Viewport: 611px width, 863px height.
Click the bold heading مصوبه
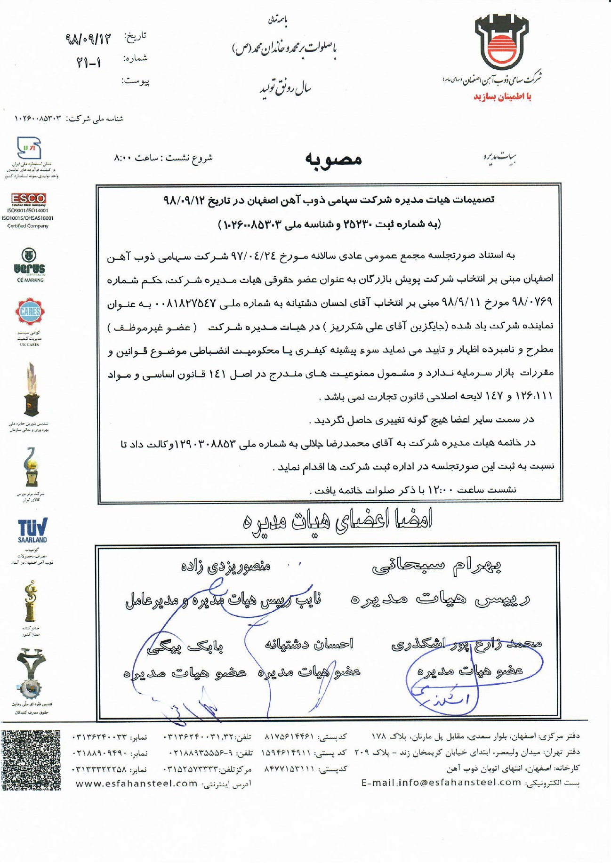[334, 159]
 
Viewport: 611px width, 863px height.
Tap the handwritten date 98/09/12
[88, 40]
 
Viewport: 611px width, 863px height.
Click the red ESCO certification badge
[28, 199]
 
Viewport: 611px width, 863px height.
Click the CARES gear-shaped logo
[30, 311]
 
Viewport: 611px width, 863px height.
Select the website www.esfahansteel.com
[137, 783]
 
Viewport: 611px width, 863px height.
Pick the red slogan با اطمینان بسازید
[502, 97]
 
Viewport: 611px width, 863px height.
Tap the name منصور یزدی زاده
[226, 566]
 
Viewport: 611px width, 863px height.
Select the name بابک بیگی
[185, 647]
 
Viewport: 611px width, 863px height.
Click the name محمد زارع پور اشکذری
[466, 644]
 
